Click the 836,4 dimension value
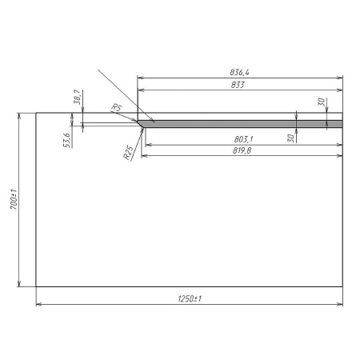(x=239, y=72)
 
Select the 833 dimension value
(x=238, y=85)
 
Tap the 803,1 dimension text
(x=243, y=139)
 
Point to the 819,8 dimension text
(x=242, y=150)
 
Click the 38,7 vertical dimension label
(x=77, y=97)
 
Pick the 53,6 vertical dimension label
(x=66, y=140)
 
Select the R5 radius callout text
(x=116, y=107)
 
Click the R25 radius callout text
(x=128, y=153)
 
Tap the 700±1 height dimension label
(x=14, y=199)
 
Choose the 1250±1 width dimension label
(x=190, y=298)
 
